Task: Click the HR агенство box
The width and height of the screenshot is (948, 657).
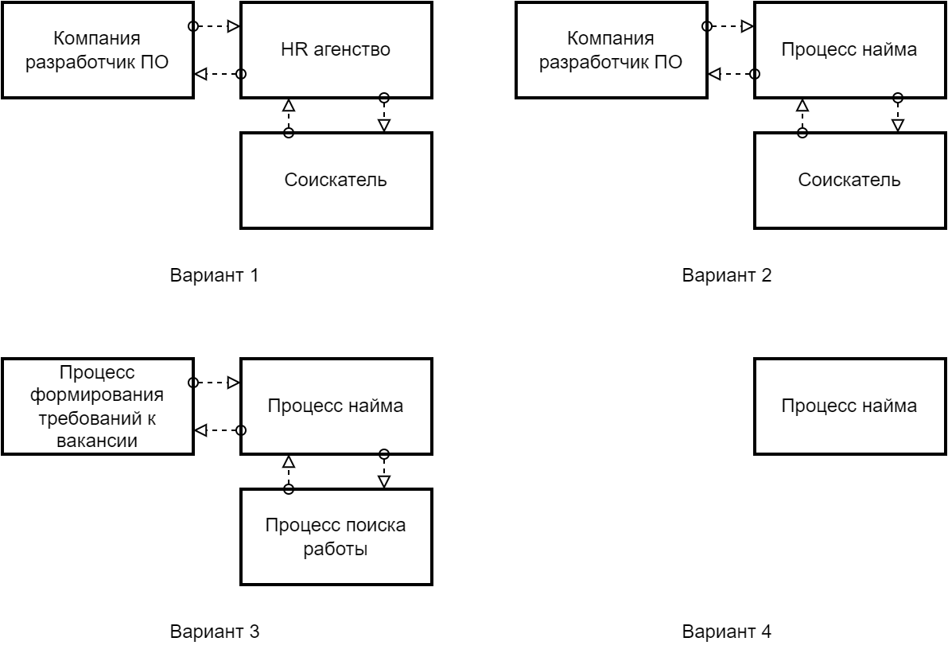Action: click(x=336, y=49)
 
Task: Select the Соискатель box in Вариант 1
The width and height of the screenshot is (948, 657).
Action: click(x=336, y=180)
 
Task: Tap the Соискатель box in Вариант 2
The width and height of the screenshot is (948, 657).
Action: click(x=849, y=180)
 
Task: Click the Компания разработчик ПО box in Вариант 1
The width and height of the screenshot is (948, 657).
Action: click(x=97, y=49)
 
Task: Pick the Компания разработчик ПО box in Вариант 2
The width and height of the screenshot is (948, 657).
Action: click(x=611, y=49)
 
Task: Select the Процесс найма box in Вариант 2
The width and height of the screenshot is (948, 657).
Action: click(x=849, y=49)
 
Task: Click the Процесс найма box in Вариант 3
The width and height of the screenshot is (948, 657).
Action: click(x=336, y=406)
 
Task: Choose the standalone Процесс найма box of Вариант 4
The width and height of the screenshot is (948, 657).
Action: click(x=849, y=406)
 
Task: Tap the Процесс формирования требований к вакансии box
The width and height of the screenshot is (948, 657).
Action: click(x=97, y=406)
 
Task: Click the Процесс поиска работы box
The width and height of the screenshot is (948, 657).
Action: click(x=336, y=537)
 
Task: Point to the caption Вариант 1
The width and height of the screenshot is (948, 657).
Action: click(x=214, y=276)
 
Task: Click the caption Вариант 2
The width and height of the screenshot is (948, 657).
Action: click(x=728, y=276)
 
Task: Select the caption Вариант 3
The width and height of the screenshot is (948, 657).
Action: click(x=214, y=632)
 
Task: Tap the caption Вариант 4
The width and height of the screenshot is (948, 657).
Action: click(x=728, y=632)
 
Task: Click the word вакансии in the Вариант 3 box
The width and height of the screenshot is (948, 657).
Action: click(x=97, y=440)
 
